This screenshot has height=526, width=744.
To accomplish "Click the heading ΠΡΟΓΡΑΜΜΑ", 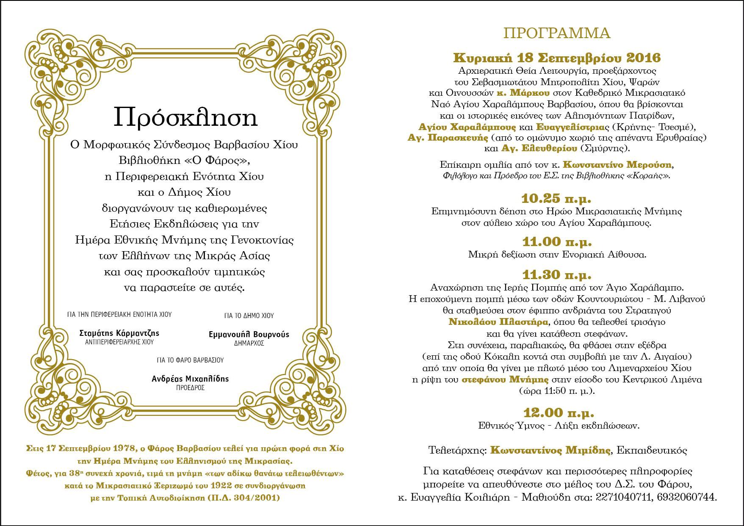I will click(556, 33).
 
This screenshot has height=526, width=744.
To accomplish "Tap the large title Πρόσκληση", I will click(185, 117).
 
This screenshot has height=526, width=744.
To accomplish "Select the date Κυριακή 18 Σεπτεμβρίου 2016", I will click(557, 58).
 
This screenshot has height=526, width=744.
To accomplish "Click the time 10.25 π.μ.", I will click(556, 199).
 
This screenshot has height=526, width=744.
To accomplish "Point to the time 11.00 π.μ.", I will click(556, 242).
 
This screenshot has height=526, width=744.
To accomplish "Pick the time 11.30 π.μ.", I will click(556, 275).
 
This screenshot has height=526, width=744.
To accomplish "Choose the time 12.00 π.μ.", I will click(558, 412).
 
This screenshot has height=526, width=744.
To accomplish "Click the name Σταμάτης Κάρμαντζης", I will click(119, 333).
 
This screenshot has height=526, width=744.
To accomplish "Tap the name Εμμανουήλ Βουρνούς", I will click(249, 334).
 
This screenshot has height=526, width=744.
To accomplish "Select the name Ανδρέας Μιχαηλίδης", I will click(190, 379).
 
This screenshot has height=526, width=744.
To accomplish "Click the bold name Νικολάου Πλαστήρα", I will click(498, 321).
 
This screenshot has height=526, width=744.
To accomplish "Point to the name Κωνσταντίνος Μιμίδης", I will click(550, 450).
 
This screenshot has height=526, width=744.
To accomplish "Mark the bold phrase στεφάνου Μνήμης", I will click(505, 379).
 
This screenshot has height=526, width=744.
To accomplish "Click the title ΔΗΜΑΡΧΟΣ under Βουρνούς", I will click(249, 343).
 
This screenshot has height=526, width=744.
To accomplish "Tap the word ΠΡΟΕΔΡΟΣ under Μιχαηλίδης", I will click(190, 388).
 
